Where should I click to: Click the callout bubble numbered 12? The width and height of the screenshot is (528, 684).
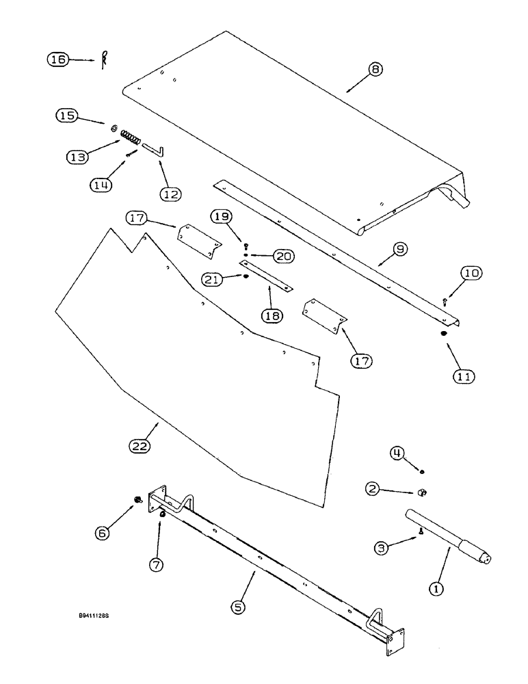pos(172,194)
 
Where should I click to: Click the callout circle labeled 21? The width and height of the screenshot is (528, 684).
pos(213,279)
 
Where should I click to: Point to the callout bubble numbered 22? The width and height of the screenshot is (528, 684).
pos(140,447)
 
